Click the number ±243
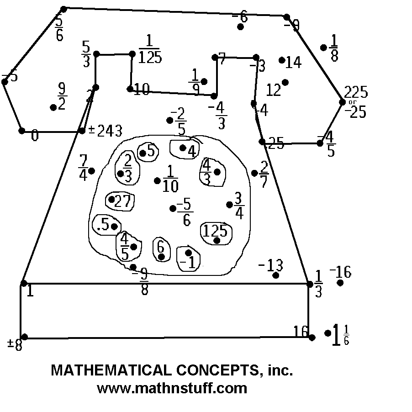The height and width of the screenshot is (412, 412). point(106,131)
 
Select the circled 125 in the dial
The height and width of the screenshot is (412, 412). point(215,231)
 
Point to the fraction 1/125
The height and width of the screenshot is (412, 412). point(150,50)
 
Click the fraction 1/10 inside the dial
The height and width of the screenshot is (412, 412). point(170,179)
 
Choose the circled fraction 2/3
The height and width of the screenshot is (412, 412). point(127,168)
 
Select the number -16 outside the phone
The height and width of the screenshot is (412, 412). point(340,273)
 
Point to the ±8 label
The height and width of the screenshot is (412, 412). point(15,344)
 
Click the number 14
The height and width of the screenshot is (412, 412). point(293,63)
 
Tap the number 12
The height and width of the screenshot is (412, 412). point(273,90)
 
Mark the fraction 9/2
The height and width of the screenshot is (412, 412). point(62,96)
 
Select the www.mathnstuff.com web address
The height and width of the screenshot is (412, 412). point(172,388)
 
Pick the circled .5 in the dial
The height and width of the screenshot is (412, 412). point(103,225)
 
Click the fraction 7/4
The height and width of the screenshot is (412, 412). point(83,168)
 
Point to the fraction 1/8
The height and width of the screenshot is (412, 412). point(334,48)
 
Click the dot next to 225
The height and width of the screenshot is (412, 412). point(343,102)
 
